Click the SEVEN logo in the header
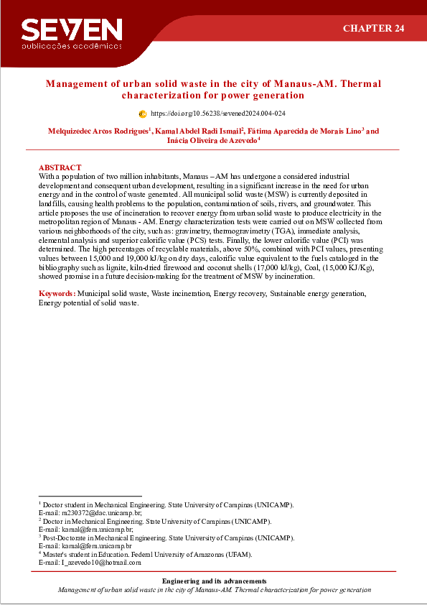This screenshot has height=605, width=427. coord(72,29)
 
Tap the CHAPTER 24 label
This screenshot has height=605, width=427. coord(373,28)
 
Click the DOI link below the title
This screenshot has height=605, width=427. coord(218,114)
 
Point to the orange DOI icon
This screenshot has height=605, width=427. coord(142,114)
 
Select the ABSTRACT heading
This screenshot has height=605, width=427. coord(60,167)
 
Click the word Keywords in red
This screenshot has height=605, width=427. coord(56,294)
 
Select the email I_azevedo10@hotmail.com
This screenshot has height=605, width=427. coord(100,563)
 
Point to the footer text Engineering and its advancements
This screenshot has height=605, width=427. coord(214,581)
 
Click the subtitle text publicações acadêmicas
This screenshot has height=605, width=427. coord(72,45)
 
